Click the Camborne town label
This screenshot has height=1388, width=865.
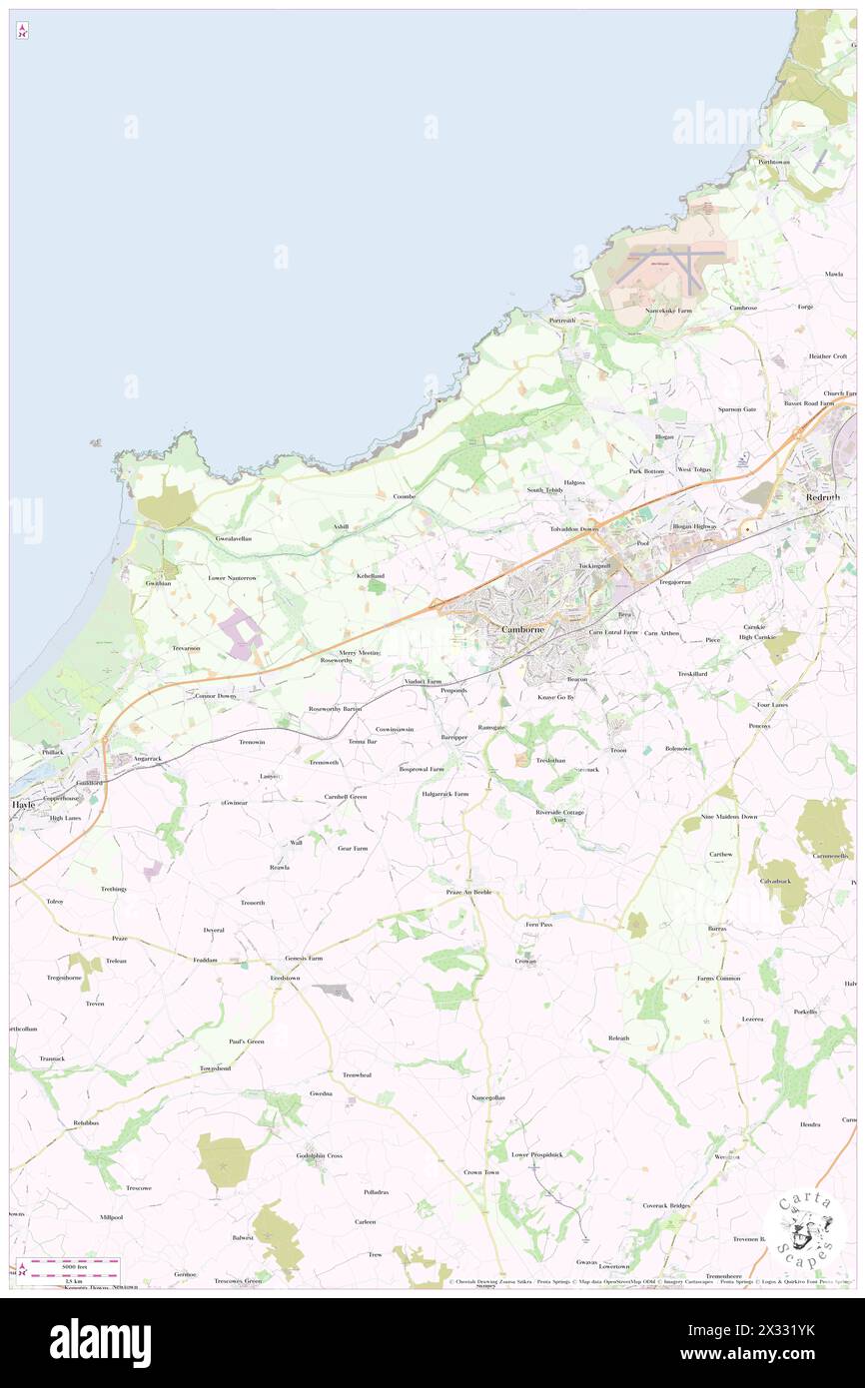point(521,631)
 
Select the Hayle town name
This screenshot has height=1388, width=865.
point(23,803)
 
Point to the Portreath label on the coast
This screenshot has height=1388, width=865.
point(562,320)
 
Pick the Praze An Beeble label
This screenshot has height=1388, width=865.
point(468,891)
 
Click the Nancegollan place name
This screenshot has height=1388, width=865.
point(488,1097)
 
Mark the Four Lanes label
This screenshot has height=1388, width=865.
point(772,705)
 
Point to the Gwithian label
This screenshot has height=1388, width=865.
point(160,583)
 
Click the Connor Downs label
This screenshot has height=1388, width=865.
point(216,695)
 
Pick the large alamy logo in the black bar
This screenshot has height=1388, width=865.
point(101,1341)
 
